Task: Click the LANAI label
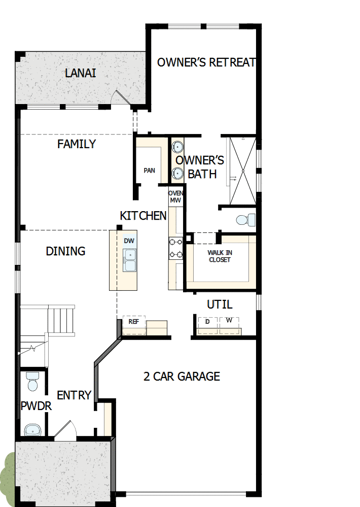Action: tap(81, 73)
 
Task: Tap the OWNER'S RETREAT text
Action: tap(206, 62)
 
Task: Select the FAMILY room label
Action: tap(76, 144)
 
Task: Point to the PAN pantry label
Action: tap(149, 171)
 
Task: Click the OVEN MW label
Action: tap(175, 196)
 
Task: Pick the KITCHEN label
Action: tap(143, 216)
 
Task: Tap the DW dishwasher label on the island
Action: tap(129, 241)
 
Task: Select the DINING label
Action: tap(65, 251)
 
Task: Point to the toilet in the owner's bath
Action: tap(245, 220)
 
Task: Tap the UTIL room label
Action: tap(220, 305)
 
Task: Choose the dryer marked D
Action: tap(207, 322)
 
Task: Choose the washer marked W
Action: tap(229, 322)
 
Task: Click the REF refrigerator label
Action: tap(134, 322)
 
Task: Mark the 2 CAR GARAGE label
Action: tap(182, 376)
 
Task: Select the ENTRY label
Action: tap(74, 395)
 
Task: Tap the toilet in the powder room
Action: tap(33, 382)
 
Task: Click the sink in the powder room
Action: tap(33, 430)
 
